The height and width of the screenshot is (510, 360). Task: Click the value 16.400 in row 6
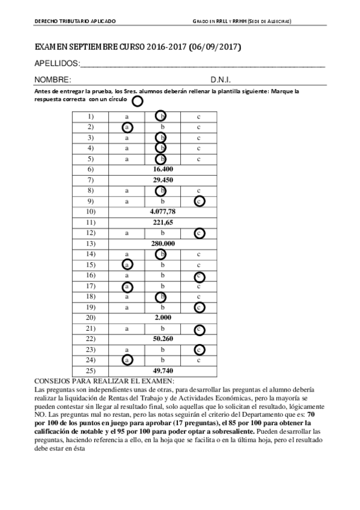click(163, 170)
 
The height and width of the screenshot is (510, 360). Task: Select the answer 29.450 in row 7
click(163, 180)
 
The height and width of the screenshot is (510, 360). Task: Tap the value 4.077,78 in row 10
click(163, 212)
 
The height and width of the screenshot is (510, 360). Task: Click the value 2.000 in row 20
click(163, 317)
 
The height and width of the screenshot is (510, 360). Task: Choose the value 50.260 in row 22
click(163, 339)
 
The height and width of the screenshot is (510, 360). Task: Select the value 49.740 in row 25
click(163, 370)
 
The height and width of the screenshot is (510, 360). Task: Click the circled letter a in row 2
click(127, 127)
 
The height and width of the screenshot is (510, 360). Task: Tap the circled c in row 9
click(200, 201)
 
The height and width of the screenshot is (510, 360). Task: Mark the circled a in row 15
click(127, 264)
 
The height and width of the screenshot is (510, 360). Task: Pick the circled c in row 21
click(200, 328)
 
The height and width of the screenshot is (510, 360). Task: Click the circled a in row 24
click(127, 360)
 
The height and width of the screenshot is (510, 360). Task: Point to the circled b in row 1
click(161, 116)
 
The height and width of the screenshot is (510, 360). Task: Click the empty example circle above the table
click(137, 100)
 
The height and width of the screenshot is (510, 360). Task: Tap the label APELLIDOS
click(56, 63)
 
